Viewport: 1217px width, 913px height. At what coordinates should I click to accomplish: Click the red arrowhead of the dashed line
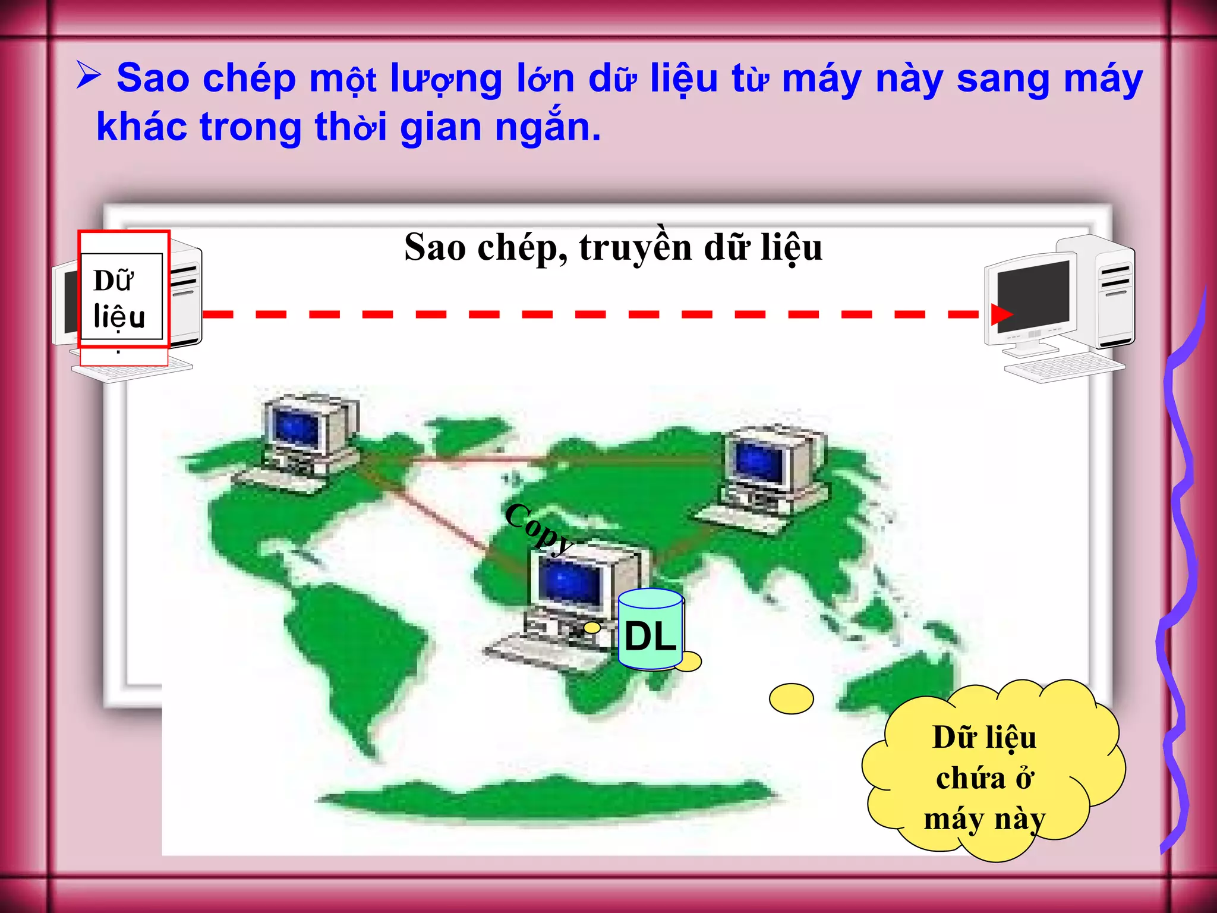click(1001, 314)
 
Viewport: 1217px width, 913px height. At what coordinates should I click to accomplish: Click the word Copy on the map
click(538, 528)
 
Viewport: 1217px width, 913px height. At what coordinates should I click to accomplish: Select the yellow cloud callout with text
click(990, 773)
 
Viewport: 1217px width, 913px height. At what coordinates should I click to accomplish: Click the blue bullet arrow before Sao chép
click(89, 76)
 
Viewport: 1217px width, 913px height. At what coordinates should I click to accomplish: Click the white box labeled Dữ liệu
click(121, 297)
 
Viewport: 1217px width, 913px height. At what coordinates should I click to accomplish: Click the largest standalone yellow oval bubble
click(791, 698)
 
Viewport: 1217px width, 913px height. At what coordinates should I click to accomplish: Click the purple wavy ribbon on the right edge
click(1180, 565)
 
